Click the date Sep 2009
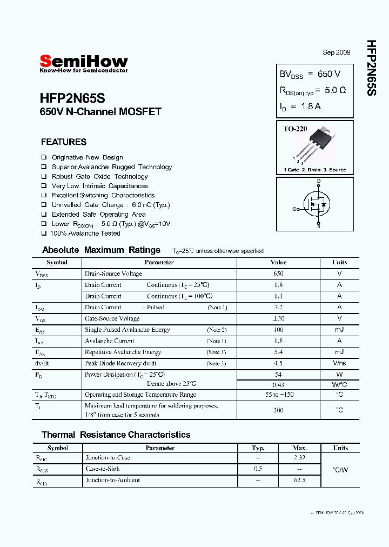(337, 52)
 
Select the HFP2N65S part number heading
(72, 99)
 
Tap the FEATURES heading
(64, 142)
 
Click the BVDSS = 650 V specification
(310, 74)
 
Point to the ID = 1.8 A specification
(300, 106)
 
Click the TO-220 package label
(296, 129)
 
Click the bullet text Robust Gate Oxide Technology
(99, 177)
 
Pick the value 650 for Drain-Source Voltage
(278, 273)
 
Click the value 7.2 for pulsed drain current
(278, 307)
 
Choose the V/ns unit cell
(339, 363)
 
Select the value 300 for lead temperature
(278, 410)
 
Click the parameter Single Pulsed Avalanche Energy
(128, 330)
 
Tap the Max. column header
(299, 448)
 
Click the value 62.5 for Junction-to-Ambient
(299, 480)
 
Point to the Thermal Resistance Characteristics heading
(116, 435)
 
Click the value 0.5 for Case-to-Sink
(258, 469)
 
